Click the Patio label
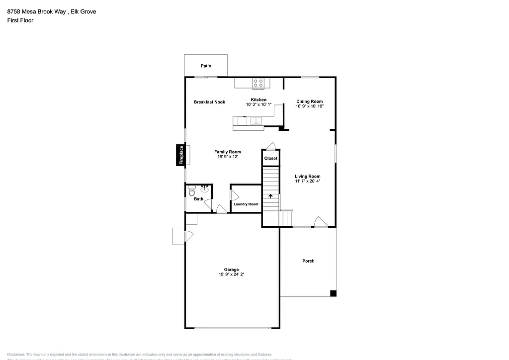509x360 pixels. click(206, 66)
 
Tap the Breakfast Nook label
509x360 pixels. click(209, 102)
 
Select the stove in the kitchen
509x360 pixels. click(258, 83)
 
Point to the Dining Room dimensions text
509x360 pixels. click(310, 106)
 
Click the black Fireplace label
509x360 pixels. click(181, 155)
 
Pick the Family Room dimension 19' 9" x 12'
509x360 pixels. click(228, 157)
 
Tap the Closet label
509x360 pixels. click(270, 159)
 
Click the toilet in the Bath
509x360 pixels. click(192, 190)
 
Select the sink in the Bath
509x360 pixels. click(204, 189)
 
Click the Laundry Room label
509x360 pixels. click(246, 204)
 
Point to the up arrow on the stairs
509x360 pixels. click(271, 196)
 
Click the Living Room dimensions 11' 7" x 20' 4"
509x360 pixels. click(307, 181)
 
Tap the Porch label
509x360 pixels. click(308, 261)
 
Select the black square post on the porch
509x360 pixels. click(333, 293)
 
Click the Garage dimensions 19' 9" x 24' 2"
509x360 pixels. click(231, 274)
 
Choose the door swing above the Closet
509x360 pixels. click(270, 146)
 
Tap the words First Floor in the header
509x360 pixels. click(20, 20)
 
